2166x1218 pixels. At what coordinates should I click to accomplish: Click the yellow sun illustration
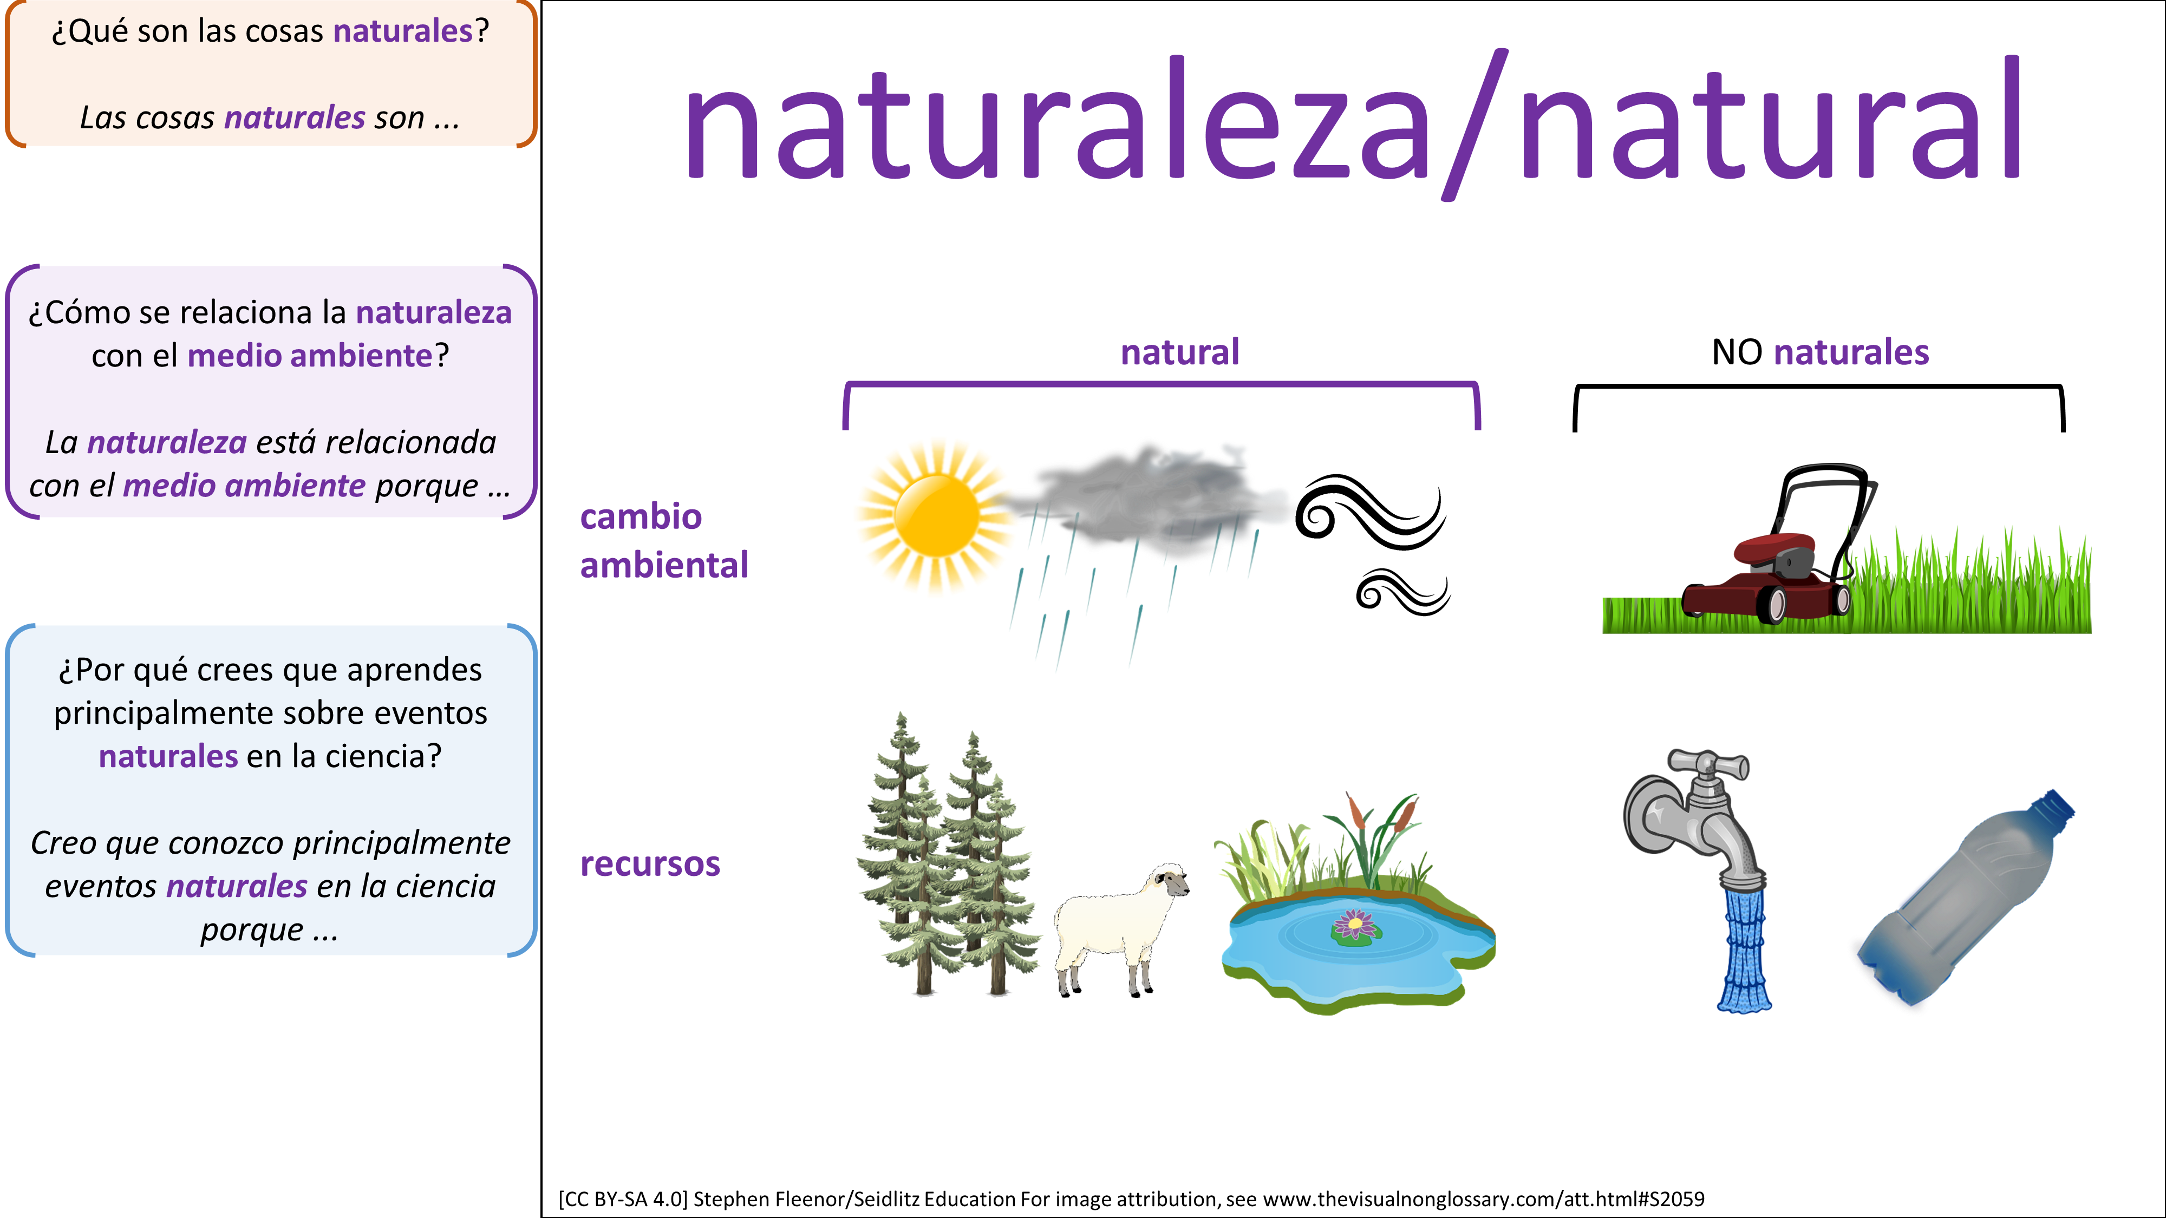coord(936,515)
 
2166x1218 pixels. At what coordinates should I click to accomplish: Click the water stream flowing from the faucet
coord(1745,951)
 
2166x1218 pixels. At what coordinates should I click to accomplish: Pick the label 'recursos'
coord(650,864)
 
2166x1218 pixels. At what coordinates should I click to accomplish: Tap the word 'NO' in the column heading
coord(1737,352)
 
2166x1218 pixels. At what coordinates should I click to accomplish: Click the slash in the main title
coord(1476,125)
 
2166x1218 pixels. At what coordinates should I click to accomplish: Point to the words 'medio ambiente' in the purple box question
coord(309,356)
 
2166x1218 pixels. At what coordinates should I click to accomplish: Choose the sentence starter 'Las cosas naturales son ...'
coord(270,117)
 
